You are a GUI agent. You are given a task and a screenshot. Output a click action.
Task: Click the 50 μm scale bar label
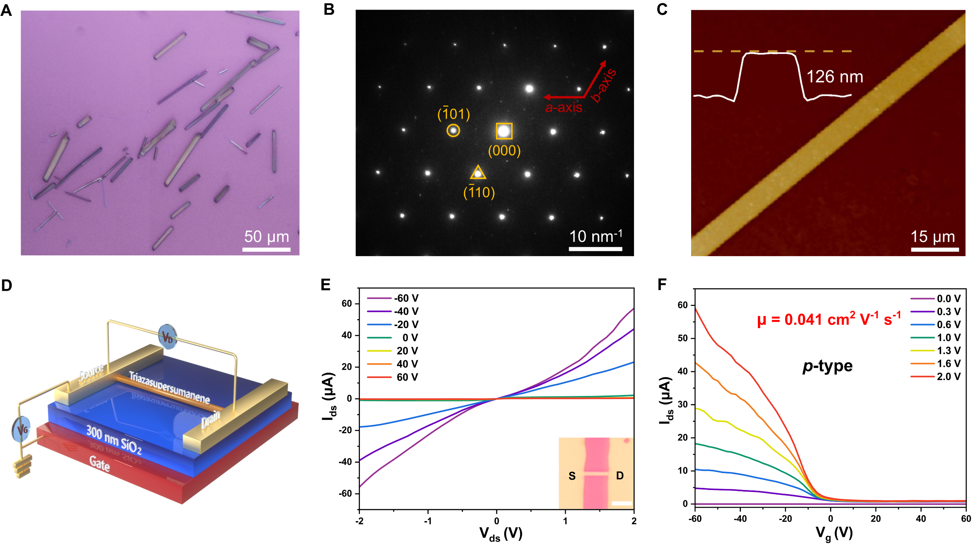(266, 237)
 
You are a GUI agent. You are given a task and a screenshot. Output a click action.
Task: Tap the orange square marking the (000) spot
(504, 131)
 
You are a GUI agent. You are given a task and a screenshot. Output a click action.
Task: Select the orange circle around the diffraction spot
(453, 130)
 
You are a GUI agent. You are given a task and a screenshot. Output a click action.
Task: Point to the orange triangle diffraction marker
(478, 173)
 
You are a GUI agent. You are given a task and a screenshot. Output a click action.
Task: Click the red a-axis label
(564, 107)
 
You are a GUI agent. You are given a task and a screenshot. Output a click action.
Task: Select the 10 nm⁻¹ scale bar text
(596, 237)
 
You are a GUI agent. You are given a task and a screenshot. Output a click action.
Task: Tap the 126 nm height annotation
(835, 77)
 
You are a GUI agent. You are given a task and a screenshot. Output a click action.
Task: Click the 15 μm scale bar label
(932, 237)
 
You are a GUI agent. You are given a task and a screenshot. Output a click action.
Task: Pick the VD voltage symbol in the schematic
(167, 337)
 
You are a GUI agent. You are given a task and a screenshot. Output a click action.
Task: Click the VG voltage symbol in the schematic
(22, 429)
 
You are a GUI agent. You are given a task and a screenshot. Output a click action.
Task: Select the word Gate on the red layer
(100, 463)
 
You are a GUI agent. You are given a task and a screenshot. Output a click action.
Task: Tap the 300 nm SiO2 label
(114, 440)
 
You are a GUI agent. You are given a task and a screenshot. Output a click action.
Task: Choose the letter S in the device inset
(572, 476)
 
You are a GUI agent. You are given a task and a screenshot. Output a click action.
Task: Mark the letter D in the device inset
(619, 476)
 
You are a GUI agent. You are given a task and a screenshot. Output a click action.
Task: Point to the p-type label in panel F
(827, 366)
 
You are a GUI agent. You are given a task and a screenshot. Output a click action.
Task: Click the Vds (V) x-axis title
(500, 534)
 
